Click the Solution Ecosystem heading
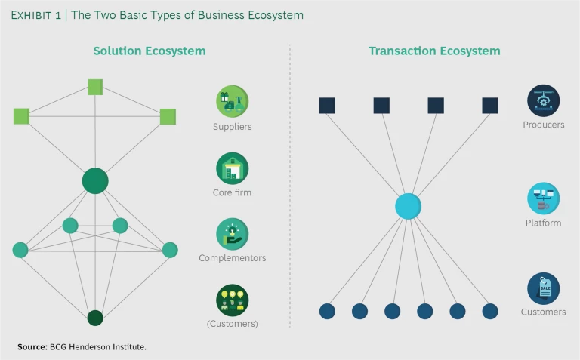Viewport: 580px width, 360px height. [x=150, y=51]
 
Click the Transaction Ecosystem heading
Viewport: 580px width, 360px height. [x=434, y=51]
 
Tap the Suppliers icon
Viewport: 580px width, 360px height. [x=232, y=101]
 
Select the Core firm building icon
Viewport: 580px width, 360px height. [x=232, y=168]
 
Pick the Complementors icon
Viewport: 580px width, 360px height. [x=232, y=234]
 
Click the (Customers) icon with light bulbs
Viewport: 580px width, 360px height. [x=232, y=300]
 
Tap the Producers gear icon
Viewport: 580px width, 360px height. [x=543, y=100]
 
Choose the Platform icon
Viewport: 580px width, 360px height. [x=543, y=198]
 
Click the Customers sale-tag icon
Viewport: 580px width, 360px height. [x=543, y=288]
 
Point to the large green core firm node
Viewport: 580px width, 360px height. [x=95, y=181]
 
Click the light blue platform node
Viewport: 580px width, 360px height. [x=408, y=206]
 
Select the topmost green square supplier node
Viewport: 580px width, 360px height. [x=95, y=87]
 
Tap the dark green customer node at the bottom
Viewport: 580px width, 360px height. [x=95, y=318]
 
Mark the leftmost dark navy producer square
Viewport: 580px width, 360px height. [x=327, y=106]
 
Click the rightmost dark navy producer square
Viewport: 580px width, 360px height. [x=490, y=106]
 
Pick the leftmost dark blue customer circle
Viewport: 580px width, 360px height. [x=327, y=311]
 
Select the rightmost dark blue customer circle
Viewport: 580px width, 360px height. [x=490, y=311]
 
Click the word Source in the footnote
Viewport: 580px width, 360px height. [x=32, y=346]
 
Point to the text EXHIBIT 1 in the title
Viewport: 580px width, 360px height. [x=37, y=15]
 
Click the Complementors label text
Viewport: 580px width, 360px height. [x=232, y=258]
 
